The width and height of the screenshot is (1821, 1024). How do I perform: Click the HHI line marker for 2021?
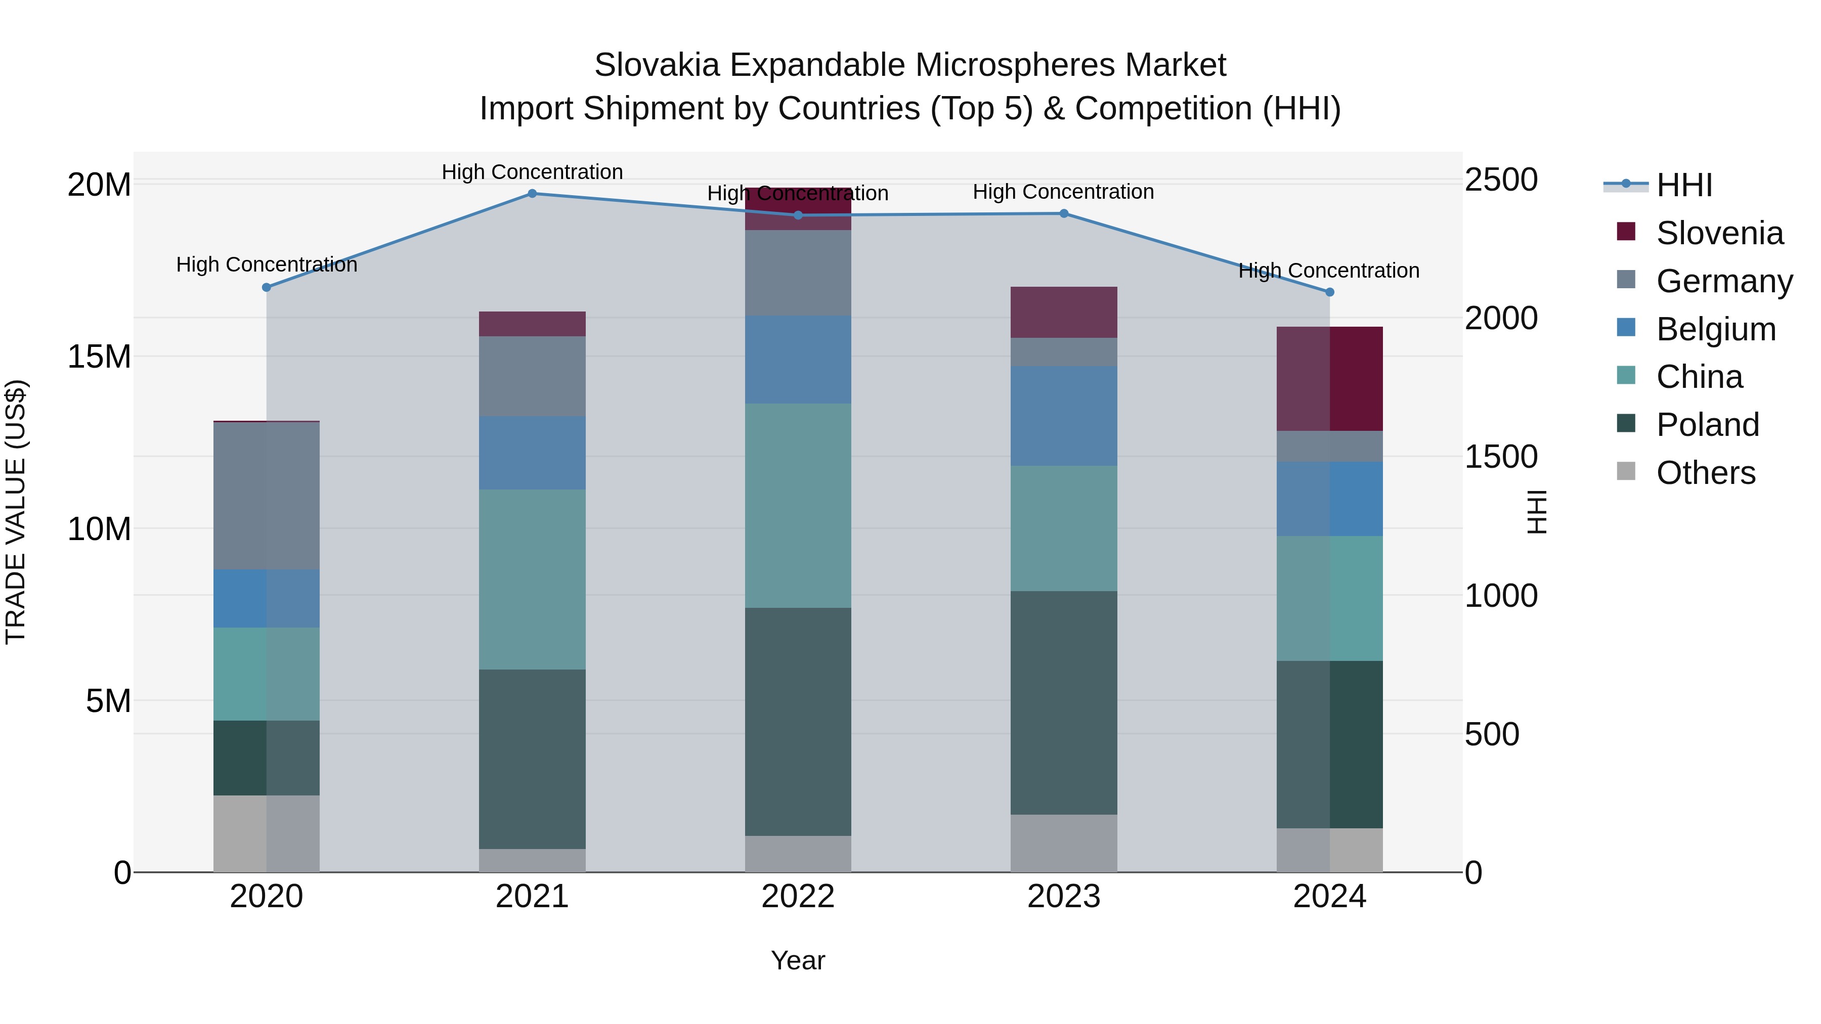tap(532, 194)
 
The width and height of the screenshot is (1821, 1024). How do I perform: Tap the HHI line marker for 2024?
tap(1329, 292)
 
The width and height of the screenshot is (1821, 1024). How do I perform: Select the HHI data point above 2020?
tap(267, 288)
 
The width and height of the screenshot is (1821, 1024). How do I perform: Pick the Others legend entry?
tap(1705, 473)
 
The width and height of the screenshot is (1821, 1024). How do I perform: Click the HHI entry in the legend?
tap(1684, 185)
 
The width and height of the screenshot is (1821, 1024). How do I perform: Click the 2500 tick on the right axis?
tap(1500, 180)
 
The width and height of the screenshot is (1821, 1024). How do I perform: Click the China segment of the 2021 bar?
tap(532, 580)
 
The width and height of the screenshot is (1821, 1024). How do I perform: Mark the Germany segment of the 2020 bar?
tap(267, 496)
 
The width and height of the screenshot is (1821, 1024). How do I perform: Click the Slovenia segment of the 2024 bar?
tap(1329, 379)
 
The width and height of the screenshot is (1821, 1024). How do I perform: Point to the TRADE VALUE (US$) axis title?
tap(16, 512)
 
